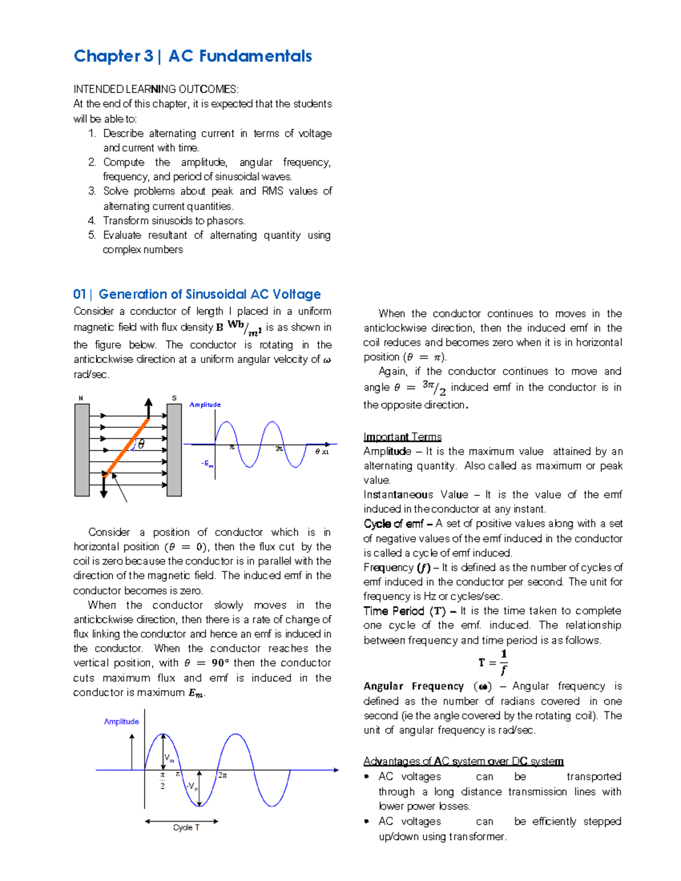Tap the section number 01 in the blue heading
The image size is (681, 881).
point(79,294)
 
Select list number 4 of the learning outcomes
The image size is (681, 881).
point(91,221)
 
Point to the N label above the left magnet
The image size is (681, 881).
point(81,398)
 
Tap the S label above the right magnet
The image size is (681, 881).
point(174,398)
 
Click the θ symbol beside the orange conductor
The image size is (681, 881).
point(141,444)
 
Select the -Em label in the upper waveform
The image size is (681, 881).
point(208,464)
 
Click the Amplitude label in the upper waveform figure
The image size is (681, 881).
point(205,404)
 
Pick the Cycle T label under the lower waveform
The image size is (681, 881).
point(186,828)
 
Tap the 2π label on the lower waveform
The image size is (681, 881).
point(222,775)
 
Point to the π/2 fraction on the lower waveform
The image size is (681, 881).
point(162,781)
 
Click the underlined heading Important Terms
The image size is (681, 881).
point(402,437)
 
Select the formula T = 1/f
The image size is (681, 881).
point(493,663)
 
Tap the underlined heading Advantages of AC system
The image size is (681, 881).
point(463,761)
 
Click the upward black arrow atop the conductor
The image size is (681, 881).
point(149,407)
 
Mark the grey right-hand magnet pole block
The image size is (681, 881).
point(174,450)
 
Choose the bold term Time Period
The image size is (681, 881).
point(394,611)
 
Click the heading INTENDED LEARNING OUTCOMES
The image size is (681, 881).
point(156,89)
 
